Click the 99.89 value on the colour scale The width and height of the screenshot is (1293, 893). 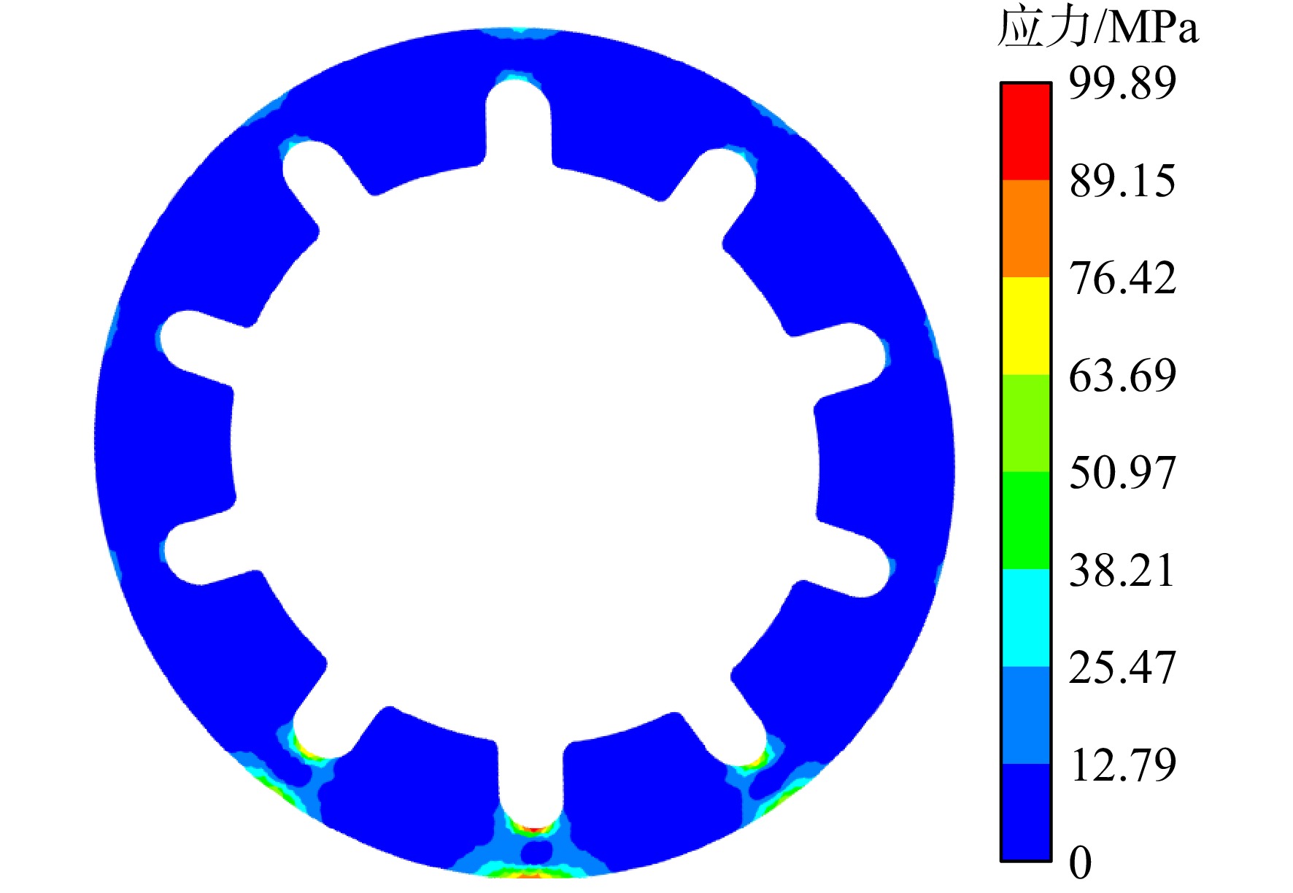coord(1122,82)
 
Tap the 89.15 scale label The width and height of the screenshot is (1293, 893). coord(1122,180)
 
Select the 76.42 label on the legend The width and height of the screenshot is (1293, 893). coord(1122,278)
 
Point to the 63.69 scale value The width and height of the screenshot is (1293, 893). coord(1122,376)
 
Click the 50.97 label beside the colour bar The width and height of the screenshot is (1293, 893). coord(1122,473)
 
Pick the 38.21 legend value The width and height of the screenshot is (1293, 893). coord(1122,570)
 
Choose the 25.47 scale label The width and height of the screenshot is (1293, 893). coord(1122,668)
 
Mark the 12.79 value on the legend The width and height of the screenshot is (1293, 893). coord(1122,765)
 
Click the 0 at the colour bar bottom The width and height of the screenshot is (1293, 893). coord(1081,862)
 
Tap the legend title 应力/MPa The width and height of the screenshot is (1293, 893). coord(1098,28)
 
